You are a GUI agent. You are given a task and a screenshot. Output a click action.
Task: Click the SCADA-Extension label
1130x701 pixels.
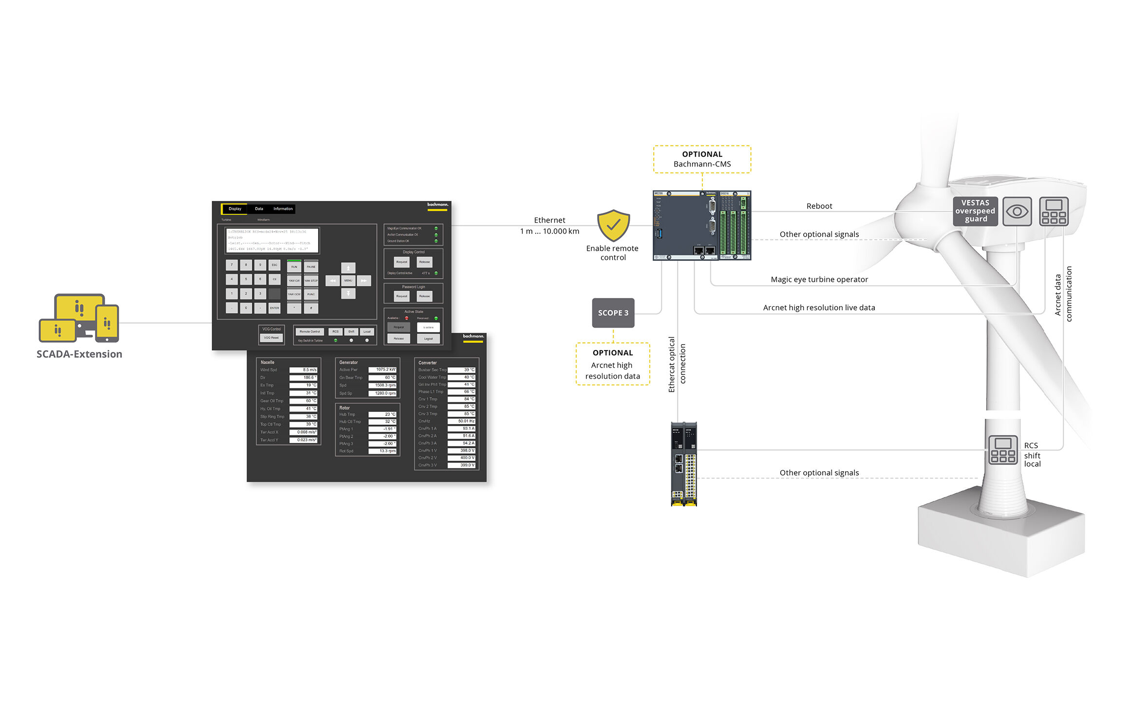tap(79, 354)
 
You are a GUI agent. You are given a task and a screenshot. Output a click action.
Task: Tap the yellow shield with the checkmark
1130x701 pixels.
tap(613, 225)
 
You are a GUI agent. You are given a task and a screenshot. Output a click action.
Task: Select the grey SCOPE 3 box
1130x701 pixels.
tap(613, 313)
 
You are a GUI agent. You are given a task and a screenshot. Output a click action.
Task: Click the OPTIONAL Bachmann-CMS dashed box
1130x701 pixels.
tap(702, 159)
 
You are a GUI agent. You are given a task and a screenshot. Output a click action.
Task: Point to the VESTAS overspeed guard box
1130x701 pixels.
tap(975, 211)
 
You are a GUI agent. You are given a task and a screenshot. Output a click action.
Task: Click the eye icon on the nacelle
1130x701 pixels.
tap(1017, 212)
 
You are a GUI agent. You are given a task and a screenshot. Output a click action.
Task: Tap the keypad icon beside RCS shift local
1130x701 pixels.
tap(1003, 450)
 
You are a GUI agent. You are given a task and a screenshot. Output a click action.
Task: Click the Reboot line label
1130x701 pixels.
tap(819, 206)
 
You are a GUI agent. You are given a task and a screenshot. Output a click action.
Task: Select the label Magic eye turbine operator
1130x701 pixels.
tap(819, 279)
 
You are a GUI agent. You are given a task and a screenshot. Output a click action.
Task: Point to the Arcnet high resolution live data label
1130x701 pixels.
tap(819, 308)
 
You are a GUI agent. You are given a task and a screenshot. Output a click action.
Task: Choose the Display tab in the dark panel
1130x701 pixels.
tap(235, 209)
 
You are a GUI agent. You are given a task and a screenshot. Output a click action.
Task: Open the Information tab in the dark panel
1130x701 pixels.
tap(283, 209)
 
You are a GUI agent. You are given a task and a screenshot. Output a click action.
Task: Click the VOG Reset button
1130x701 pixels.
tap(271, 338)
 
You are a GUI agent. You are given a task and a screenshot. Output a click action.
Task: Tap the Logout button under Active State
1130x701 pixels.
tap(428, 339)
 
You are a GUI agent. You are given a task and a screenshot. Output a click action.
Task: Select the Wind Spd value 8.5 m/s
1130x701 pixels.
tap(303, 370)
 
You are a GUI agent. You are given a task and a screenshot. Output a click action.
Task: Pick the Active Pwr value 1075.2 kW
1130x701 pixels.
tap(382, 370)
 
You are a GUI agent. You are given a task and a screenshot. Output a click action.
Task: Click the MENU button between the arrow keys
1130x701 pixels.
tap(348, 281)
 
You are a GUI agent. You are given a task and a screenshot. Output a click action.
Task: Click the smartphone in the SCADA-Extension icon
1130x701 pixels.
tap(107, 323)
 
